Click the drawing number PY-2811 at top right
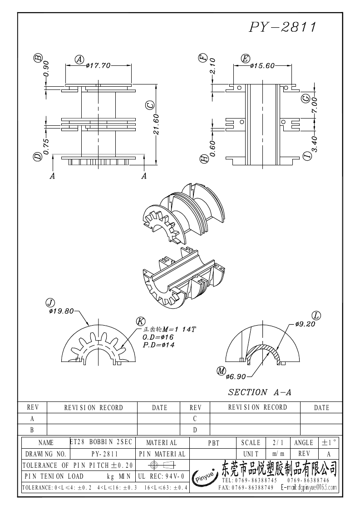[282, 27]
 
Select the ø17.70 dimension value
[98, 65]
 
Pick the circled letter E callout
[245, 59]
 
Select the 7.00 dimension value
[314, 105]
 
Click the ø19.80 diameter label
[61, 311]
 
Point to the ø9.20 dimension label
[305, 324]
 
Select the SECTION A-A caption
[259, 392]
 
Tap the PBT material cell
[213, 443]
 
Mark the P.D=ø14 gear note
[158, 345]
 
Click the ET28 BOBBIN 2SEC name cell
[101, 442]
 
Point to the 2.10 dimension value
[212, 66]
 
